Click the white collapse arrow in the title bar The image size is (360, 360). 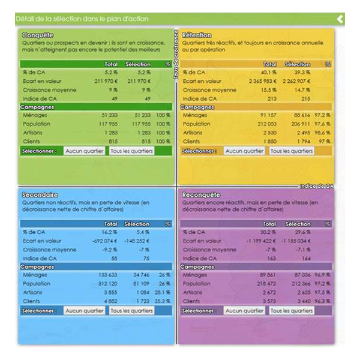point(340,19)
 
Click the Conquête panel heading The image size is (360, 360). point(37,35)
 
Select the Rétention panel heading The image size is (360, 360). point(196,35)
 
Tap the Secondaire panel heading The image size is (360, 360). point(40,195)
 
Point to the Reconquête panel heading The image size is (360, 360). point(200,195)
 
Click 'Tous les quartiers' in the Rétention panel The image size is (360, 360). point(291,151)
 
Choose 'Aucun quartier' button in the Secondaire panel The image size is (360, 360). point(85,311)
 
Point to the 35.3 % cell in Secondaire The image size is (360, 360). point(162,301)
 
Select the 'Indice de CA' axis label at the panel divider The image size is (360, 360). point(317,187)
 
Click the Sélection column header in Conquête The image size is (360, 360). point(137,64)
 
